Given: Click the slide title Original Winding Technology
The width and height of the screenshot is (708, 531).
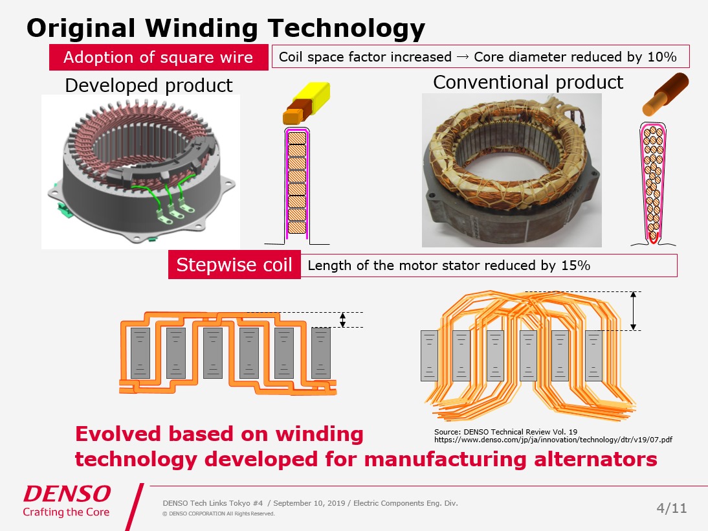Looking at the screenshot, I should pos(226,28).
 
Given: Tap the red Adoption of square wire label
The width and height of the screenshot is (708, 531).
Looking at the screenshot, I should pos(159,58).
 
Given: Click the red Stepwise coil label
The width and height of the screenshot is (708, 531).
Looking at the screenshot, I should pos(234,266).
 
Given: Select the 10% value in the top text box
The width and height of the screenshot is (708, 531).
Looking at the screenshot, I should pos(661,57).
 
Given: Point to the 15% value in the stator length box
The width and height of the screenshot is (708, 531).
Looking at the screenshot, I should pos(575,265).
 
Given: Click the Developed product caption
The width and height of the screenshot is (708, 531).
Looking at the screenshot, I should pos(149,85).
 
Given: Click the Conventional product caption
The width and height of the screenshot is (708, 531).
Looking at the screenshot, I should pos(527,82).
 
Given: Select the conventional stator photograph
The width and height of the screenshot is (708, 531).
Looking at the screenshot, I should pos(511,170).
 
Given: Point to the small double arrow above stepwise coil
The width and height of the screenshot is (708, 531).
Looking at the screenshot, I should pos(343,319).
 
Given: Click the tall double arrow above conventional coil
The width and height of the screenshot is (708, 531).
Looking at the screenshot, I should pos(634,311).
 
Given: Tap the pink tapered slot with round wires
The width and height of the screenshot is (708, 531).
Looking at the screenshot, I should pos(654,181).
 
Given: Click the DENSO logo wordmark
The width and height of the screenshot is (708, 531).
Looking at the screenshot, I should pos(67,494).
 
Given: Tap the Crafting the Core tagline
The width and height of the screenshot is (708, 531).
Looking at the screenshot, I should pos(66,512).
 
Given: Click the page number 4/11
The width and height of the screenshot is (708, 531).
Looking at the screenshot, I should pos(671,508).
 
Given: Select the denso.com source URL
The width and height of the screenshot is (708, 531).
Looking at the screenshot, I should pos(553,440).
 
